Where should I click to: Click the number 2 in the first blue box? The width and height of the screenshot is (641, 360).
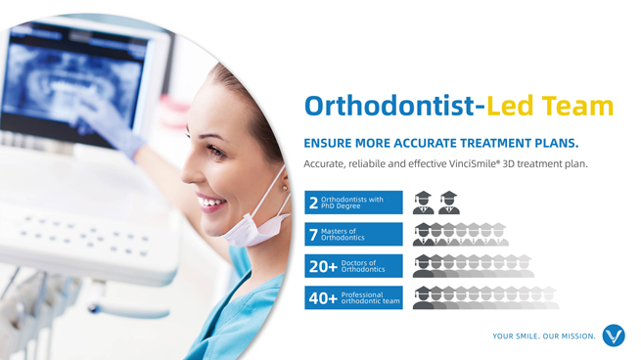[x=313, y=203]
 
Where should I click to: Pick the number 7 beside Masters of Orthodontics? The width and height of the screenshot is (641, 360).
[x=313, y=235]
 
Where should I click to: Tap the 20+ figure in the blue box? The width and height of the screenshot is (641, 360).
[x=323, y=266]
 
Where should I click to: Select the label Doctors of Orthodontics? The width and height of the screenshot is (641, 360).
[x=363, y=266]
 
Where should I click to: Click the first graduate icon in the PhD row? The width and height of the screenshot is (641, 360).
[x=424, y=202]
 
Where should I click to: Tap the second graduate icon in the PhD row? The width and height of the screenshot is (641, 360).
[x=448, y=202]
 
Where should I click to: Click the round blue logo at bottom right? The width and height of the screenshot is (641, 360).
[x=614, y=336]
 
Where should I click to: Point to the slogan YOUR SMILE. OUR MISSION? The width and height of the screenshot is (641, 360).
[x=544, y=337]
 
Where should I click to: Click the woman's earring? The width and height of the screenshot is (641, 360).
[x=283, y=183]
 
